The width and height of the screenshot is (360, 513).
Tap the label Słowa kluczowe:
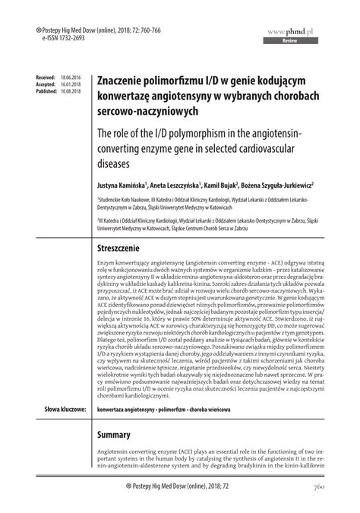coord(62,409)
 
